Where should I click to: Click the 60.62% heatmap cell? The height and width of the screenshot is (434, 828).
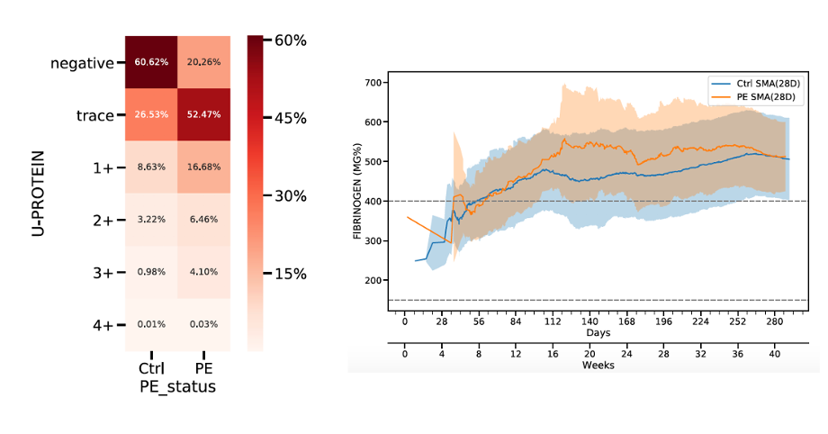(150, 62)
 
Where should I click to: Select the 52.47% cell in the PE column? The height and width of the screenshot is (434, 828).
(203, 115)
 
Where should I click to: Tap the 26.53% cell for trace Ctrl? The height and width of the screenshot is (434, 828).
(150, 115)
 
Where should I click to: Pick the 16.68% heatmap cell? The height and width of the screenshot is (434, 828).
(203, 167)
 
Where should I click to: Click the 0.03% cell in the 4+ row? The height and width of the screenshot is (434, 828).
(203, 325)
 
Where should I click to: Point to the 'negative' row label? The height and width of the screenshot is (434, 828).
(82, 63)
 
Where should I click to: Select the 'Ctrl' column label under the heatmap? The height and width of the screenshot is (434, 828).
(151, 368)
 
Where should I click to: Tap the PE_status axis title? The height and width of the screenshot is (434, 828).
(178, 385)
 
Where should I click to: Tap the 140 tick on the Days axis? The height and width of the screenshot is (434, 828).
(589, 321)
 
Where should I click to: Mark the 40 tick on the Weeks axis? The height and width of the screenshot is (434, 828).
(774, 355)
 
